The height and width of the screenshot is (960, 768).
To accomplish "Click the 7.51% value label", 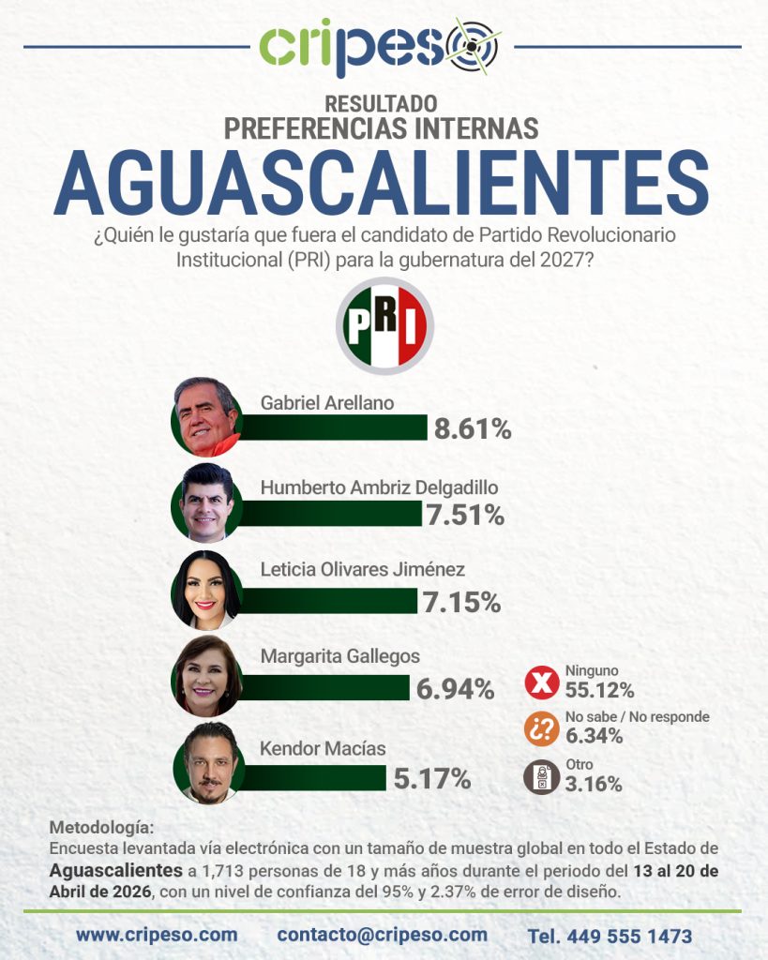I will (x=465, y=515).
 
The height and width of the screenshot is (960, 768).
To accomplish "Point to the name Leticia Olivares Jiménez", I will (x=362, y=569).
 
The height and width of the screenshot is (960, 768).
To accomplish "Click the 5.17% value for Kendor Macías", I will (x=432, y=777).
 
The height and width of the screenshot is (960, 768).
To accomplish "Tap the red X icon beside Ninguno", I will (x=541, y=683).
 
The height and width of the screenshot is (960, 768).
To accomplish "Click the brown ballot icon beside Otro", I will (x=541, y=777).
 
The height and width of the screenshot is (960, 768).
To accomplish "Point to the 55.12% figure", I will (x=599, y=691).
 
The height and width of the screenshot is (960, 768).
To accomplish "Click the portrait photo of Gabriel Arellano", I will (x=207, y=416).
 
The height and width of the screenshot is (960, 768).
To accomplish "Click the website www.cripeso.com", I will (x=157, y=935).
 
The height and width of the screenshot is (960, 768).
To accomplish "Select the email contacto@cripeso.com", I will (x=383, y=935).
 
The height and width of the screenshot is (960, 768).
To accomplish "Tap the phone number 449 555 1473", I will (x=610, y=936).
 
